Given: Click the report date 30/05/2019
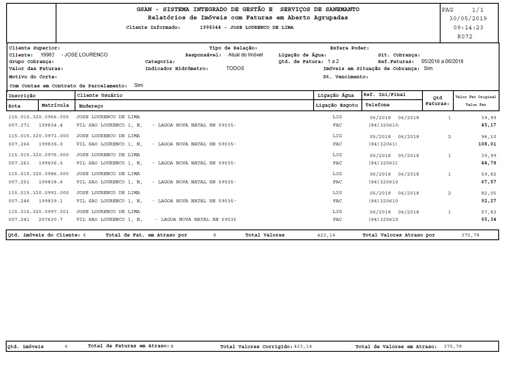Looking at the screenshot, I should (468, 19).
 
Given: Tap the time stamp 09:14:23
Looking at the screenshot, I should (468, 28).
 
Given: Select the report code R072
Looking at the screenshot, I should (465, 37).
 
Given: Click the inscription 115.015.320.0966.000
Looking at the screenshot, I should (39, 117).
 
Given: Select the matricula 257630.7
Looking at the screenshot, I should (51, 220).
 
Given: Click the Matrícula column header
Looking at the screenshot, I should (55, 105).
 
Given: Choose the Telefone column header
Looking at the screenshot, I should (377, 105).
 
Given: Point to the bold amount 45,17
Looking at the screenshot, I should (490, 125).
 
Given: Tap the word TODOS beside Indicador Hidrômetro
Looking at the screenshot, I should (235, 68).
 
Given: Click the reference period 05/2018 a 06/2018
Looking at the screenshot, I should (442, 61).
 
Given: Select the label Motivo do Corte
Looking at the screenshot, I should (33, 77).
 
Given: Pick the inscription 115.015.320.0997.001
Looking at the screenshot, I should (39, 212).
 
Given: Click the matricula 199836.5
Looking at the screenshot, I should (51, 163).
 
